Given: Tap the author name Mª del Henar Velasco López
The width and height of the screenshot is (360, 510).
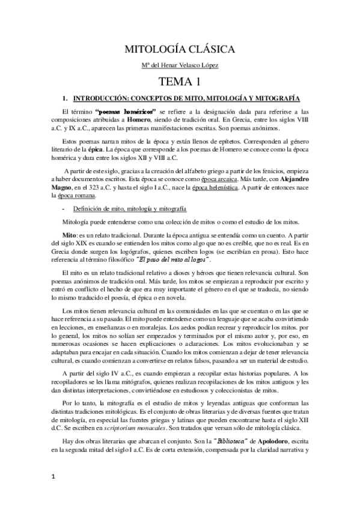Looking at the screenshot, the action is tap(180, 65).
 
